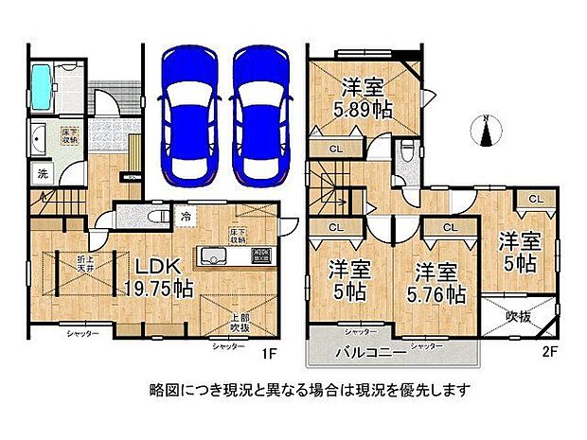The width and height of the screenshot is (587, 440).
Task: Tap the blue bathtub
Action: (x=44, y=89)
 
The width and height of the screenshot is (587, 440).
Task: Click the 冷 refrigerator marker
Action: (x=186, y=217)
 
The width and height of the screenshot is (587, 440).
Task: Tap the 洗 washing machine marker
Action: (x=43, y=173)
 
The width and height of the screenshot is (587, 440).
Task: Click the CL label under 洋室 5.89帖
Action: (x=336, y=149)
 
